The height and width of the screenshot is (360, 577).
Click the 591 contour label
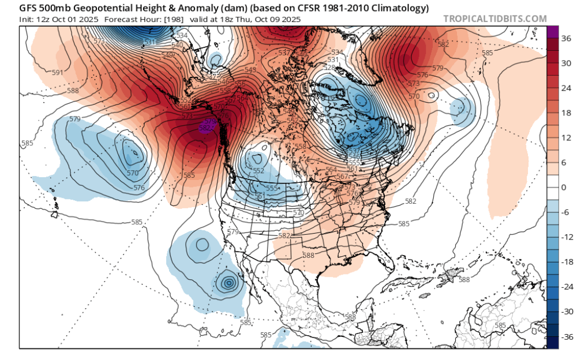57,73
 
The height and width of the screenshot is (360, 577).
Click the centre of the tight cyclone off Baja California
229,283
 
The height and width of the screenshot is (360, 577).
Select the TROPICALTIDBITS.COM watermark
494,19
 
